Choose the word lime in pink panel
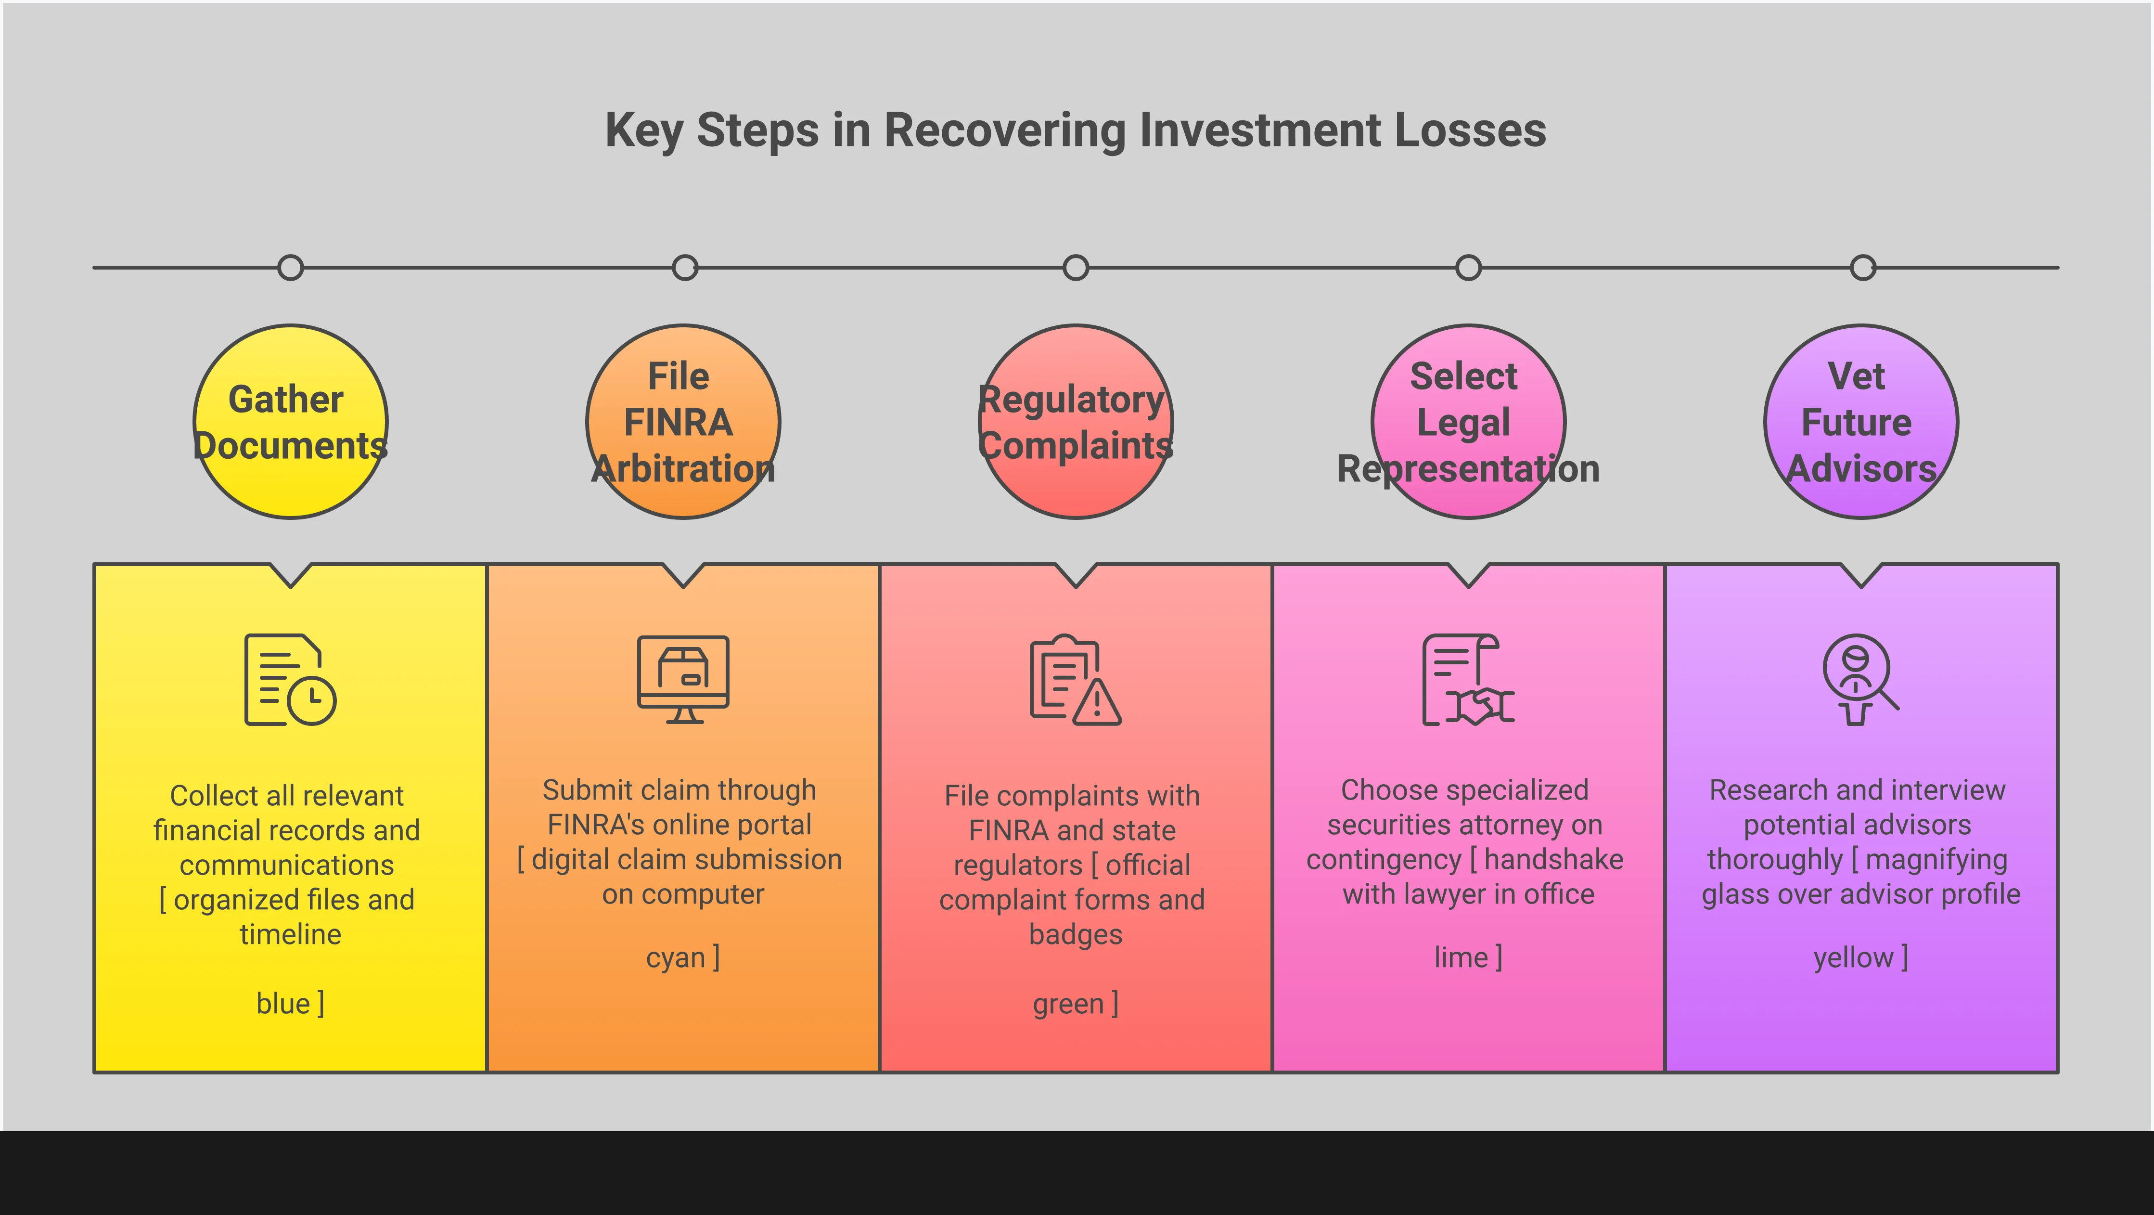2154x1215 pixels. coord(1461,957)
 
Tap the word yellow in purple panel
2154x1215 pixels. coord(1853,957)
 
